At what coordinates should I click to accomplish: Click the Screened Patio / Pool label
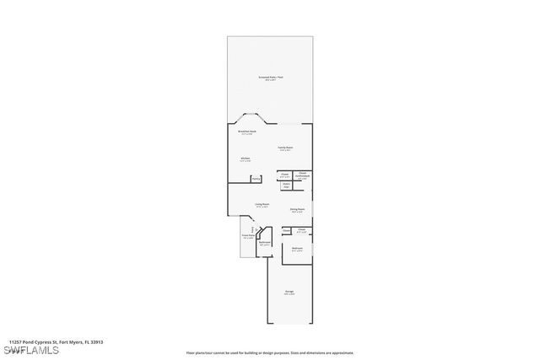point(270,78)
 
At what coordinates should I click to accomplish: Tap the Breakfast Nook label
point(246,132)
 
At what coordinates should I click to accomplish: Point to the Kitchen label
point(245,159)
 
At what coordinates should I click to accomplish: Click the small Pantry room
point(256,178)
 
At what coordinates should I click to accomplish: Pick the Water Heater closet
point(286,185)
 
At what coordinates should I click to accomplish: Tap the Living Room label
point(262,204)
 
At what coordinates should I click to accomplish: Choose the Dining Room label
point(297,210)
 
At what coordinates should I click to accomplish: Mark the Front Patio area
point(249,237)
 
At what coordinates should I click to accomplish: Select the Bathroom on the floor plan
point(265,244)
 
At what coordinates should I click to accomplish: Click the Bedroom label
point(297,249)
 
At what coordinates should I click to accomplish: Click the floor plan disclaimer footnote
point(270,353)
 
